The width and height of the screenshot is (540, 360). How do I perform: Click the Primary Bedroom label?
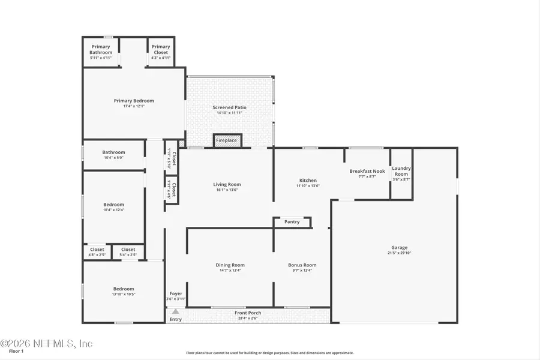coord(134,101)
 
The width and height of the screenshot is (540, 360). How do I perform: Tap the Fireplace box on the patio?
coord(227,140)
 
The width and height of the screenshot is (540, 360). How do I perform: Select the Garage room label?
coord(400,248)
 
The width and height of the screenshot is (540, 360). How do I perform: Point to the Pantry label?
coord(292,222)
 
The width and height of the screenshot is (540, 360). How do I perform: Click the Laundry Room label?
coord(401,171)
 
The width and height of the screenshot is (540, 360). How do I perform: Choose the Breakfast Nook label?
coord(367,171)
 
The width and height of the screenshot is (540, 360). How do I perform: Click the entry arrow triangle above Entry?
coord(175,311)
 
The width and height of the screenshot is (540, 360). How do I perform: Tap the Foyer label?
coord(175,294)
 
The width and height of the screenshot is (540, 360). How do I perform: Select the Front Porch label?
coord(248,313)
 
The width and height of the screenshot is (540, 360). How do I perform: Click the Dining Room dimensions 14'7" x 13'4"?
coord(230,271)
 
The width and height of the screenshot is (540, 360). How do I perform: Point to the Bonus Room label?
coord(302,265)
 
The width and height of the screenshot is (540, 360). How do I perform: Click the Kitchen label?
coord(308,181)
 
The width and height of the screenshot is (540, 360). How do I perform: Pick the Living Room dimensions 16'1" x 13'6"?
coord(227,190)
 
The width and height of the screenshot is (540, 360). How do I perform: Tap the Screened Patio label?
coord(229,107)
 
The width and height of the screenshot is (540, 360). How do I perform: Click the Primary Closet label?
coord(160,49)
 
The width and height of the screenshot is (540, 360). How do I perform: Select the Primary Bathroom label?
coord(101,49)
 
